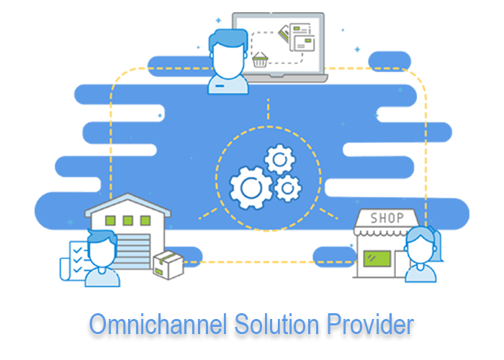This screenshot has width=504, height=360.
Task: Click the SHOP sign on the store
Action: [x=387, y=217]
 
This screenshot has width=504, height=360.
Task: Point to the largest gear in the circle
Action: [x=250, y=187]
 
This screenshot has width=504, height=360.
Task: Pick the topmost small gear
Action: [x=276, y=158]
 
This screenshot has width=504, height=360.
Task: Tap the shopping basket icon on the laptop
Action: [x=261, y=60]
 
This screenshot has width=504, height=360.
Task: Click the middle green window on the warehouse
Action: [x=127, y=220]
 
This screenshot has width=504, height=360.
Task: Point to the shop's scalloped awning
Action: [x=387, y=233]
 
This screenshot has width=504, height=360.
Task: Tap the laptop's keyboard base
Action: [x=288, y=77]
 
